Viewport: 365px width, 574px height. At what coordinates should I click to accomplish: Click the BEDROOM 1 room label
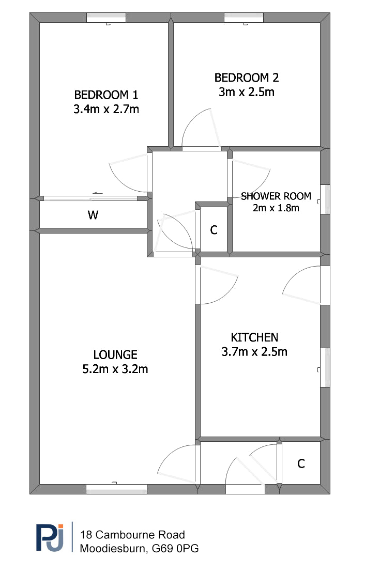[106, 95]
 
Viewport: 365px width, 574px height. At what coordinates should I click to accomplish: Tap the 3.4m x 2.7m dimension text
[106, 109]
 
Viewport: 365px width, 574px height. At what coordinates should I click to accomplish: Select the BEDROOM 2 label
[247, 77]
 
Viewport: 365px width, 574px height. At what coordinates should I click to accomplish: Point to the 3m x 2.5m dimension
[247, 92]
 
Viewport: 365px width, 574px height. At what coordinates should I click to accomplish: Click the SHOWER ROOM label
[276, 196]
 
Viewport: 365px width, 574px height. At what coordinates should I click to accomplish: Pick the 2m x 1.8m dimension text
[276, 208]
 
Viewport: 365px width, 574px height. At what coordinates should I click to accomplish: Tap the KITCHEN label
[254, 337]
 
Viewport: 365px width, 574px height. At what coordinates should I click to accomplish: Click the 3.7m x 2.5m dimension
[254, 352]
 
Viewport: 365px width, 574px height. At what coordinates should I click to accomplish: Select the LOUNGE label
[115, 355]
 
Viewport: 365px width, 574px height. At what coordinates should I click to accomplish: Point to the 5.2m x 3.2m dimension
[115, 369]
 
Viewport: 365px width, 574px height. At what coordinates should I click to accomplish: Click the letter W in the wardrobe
[93, 215]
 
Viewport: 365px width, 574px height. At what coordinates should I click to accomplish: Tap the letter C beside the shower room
[214, 230]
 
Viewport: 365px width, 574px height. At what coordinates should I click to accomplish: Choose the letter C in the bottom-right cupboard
[301, 464]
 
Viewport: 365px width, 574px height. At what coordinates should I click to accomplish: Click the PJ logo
[50, 537]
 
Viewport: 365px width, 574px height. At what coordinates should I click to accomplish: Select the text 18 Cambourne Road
[132, 535]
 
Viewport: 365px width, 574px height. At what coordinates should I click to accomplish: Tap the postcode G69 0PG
[175, 549]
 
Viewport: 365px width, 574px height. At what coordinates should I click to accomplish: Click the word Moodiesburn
[113, 549]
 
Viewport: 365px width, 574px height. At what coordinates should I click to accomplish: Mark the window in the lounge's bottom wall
[116, 489]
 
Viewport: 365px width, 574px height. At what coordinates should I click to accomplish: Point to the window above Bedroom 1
[107, 18]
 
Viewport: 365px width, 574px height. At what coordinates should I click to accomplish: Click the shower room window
[325, 199]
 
